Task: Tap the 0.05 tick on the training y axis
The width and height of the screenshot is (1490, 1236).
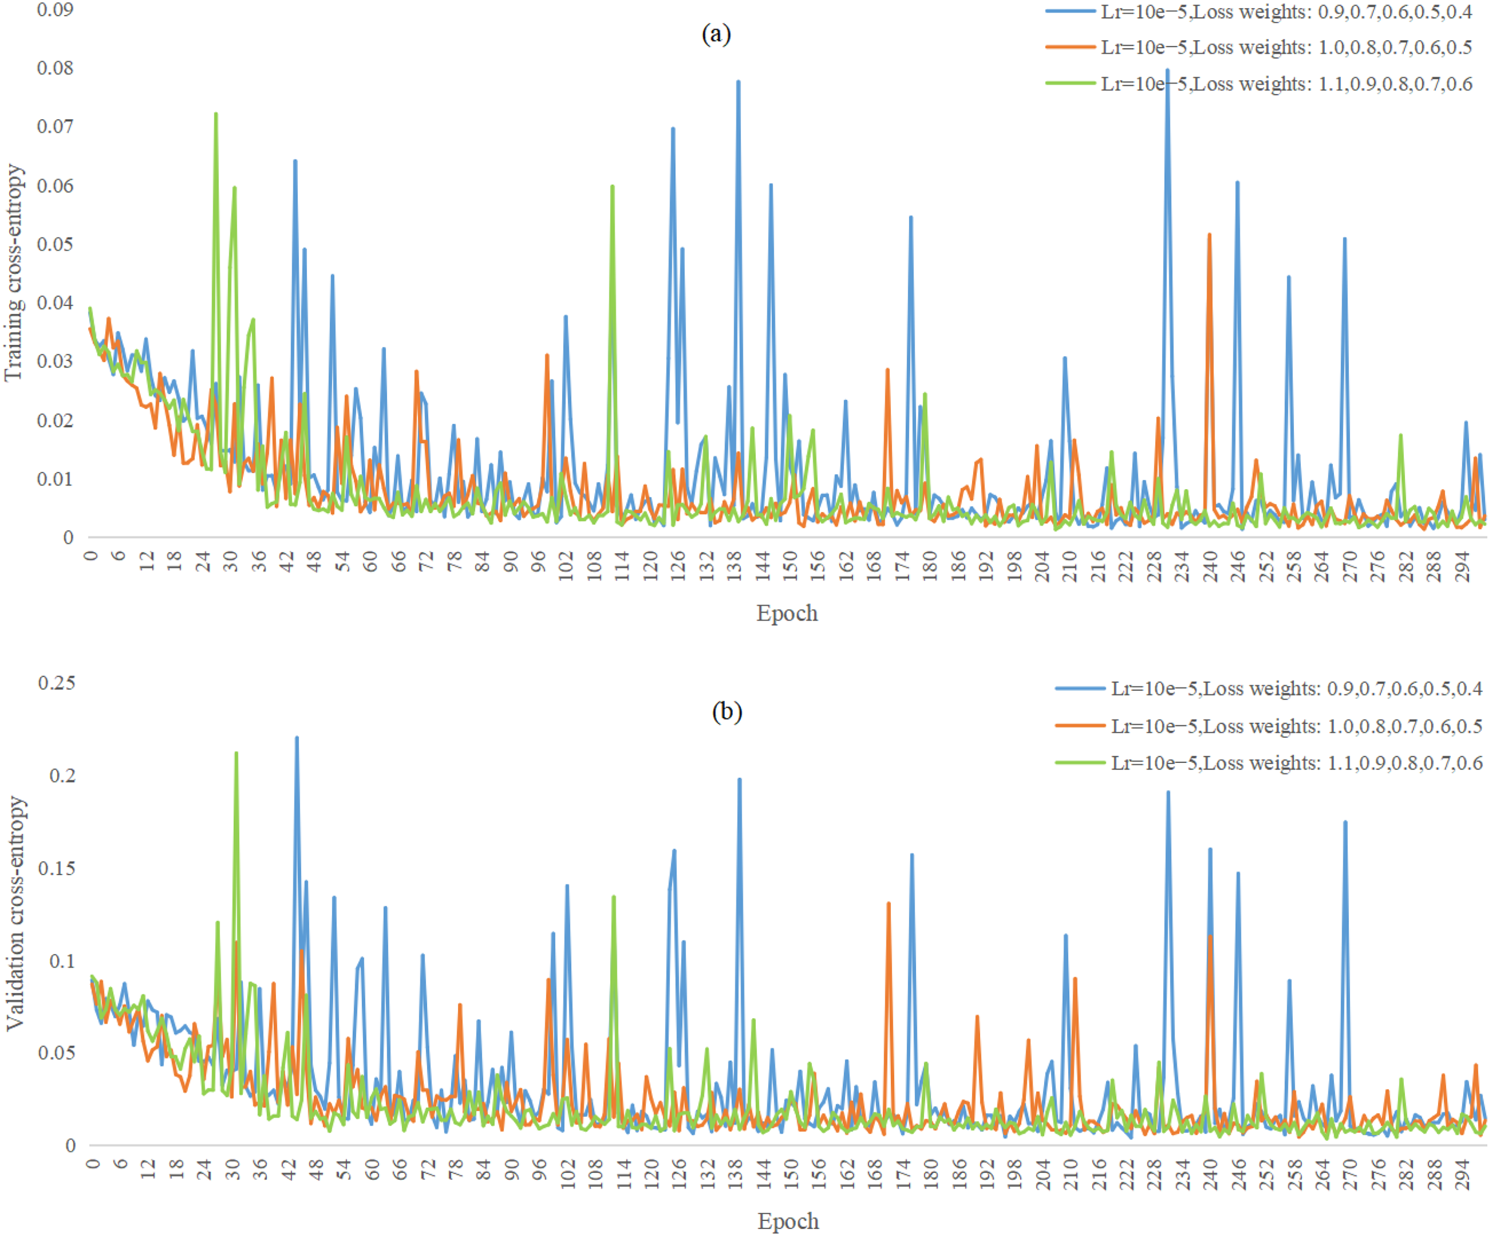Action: (x=55, y=243)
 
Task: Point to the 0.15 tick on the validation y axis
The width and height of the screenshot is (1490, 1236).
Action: (x=57, y=868)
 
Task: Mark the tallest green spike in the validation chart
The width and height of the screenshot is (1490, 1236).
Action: (x=236, y=754)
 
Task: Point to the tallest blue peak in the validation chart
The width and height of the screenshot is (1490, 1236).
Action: (x=296, y=738)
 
